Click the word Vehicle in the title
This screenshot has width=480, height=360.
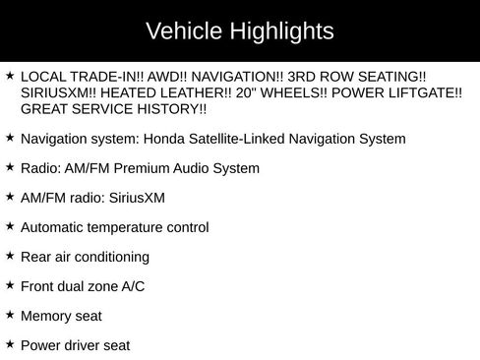[178, 31]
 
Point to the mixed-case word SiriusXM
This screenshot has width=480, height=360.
[135, 198]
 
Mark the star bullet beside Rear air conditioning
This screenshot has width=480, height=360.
[10, 256]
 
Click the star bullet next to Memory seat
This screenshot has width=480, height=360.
[10, 315]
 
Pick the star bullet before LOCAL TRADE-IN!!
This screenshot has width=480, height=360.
[10, 75]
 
